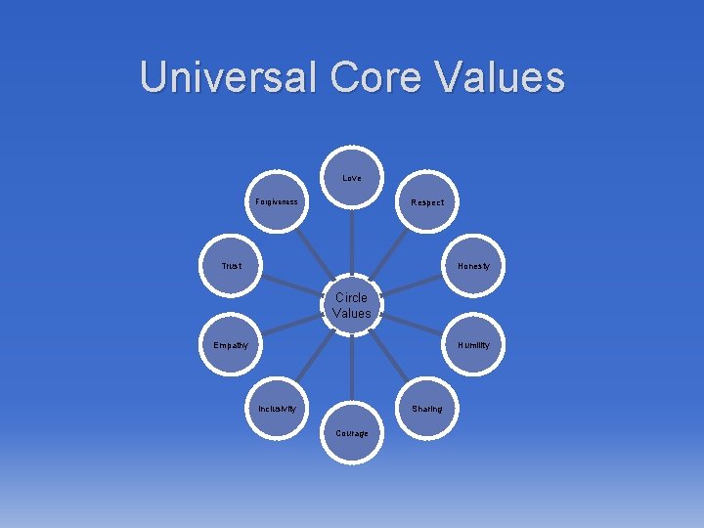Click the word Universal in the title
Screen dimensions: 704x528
229,76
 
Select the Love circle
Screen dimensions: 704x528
352,179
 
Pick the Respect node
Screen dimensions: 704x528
426,202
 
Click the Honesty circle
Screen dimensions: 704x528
473,266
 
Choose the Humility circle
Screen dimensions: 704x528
473,345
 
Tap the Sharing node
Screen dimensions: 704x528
426,409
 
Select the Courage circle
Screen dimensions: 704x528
352,432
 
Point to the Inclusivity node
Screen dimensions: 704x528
278,409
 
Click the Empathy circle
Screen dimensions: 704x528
232,345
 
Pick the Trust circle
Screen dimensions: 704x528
232,266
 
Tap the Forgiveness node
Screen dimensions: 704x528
278,202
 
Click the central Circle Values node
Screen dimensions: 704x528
352,305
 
